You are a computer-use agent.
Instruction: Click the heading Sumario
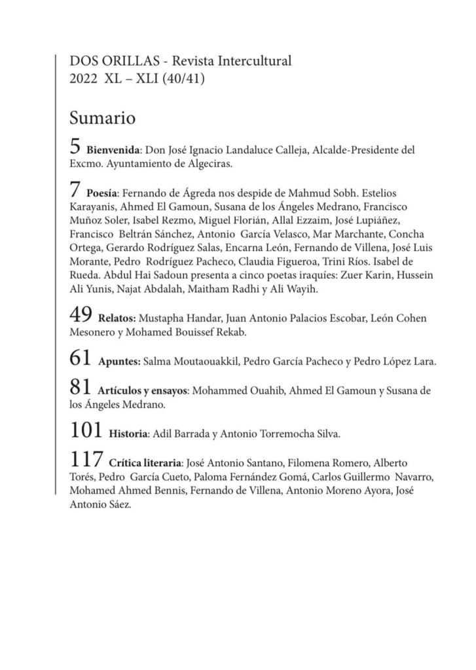coord(101,119)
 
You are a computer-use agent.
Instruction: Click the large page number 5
coord(75,147)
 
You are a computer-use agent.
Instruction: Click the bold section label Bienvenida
coord(113,151)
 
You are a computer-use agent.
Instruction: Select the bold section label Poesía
coord(101,195)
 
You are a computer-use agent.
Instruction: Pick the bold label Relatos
coord(117,319)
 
